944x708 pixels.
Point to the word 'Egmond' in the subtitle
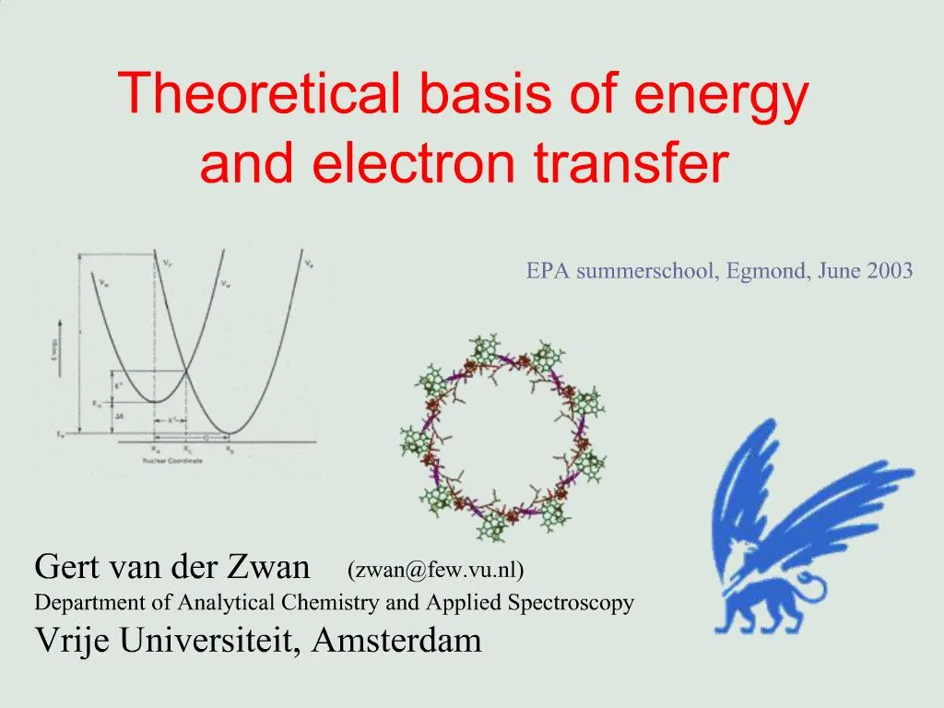pyautogui.click(x=768, y=271)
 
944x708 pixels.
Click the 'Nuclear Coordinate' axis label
pyautogui.click(x=172, y=461)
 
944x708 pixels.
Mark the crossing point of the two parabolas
pyautogui.click(x=187, y=371)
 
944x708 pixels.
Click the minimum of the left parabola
pyautogui.click(x=154, y=402)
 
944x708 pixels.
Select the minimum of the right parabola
pyautogui.click(x=229, y=432)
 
